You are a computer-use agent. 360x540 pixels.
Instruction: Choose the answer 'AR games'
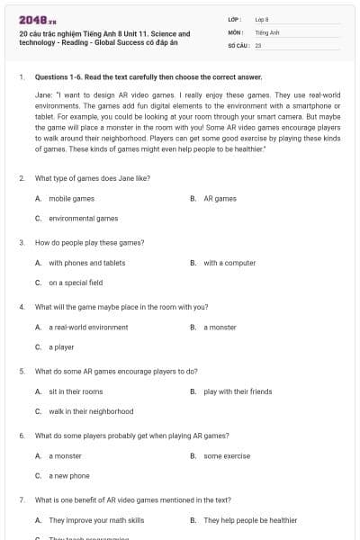(x=220, y=198)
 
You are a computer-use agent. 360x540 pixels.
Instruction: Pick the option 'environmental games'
(x=83, y=218)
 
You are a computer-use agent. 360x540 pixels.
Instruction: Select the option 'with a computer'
(x=229, y=263)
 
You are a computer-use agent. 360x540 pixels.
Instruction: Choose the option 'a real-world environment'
(x=88, y=328)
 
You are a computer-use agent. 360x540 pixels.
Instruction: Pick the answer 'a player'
(x=61, y=347)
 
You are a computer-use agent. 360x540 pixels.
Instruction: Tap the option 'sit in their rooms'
(x=76, y=391)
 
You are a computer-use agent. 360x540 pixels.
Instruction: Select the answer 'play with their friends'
(x=238, y=391)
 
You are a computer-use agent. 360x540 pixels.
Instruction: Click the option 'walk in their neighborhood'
(x=91, y=411)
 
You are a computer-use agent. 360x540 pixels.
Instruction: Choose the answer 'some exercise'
(x=227, y=456)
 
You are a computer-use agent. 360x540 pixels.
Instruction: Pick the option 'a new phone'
(x=69, y=476)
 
